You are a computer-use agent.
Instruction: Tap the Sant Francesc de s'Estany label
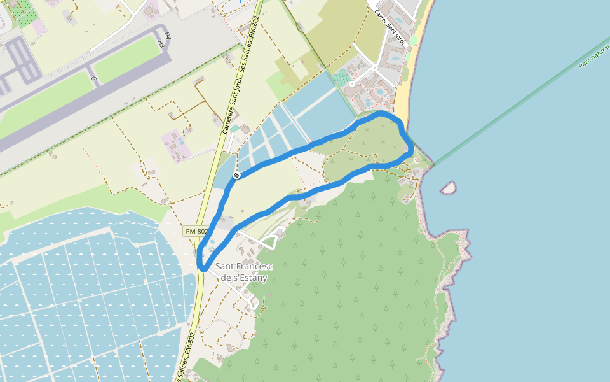pos(244,271)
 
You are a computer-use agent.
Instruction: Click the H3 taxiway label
pos(161,43)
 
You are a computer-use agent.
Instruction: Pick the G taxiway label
pos(94,80)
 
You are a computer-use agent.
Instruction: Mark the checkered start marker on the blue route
pos(236,175)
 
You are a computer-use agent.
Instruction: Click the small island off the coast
pos(449,187)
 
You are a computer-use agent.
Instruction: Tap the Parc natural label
pos(593,55)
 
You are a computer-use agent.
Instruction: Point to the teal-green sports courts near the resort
pos(341,78)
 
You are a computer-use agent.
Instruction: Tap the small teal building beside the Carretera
pos(234,129)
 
